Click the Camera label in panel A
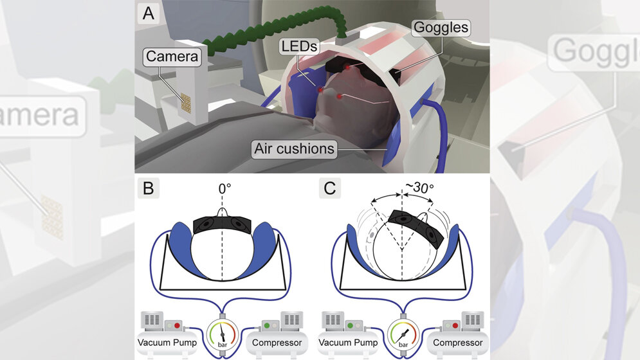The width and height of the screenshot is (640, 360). (x=170, y=57)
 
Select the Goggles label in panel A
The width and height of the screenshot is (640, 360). (x=441, y=28)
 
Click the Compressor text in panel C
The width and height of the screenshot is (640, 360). (x=457, y=343)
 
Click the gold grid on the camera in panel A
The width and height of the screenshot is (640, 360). (x=186, y=103)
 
